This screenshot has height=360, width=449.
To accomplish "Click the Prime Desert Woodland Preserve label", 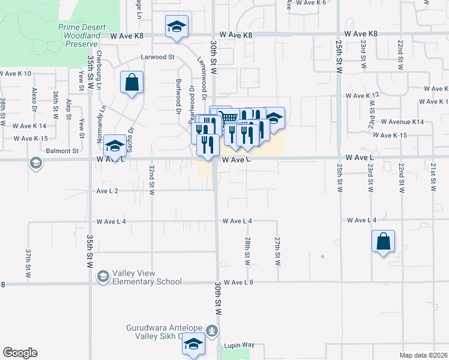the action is tap(78, 36).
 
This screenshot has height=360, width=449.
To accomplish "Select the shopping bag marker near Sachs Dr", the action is tap(132, 83).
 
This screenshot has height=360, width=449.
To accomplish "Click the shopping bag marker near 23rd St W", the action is tap(383, 242).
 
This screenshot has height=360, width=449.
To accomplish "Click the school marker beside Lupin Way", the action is tap(193, 344).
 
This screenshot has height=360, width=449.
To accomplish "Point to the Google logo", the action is tap(20, 353).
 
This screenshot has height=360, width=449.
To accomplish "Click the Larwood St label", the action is tap(157, 58).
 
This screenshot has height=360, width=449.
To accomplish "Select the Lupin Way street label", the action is tap(240, 346).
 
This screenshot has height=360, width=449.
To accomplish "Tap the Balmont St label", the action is tap(62, 151).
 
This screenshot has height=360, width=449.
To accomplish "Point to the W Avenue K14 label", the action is tap(402, 122).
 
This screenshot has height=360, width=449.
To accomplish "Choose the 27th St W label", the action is tap(277, 251).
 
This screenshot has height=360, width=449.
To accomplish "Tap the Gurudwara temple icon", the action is tap(211, 330).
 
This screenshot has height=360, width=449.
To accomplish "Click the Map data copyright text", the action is tap(424, 355).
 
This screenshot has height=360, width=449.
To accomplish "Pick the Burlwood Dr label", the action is tap(178, 96).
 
